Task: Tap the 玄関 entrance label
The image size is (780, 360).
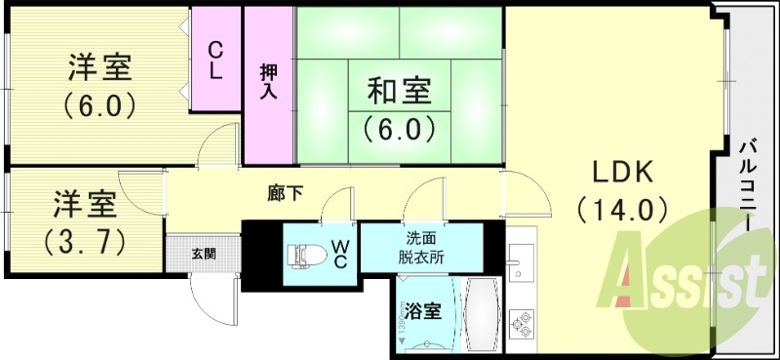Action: pyautogui.click(x=204, y=255)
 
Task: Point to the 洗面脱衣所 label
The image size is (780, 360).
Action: pyautogui.click(x=425, y=249)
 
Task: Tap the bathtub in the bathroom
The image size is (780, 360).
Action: pyautogui.click(x=483, y=316)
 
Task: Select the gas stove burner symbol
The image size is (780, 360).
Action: pyautogui.click(x=522, y=324)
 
